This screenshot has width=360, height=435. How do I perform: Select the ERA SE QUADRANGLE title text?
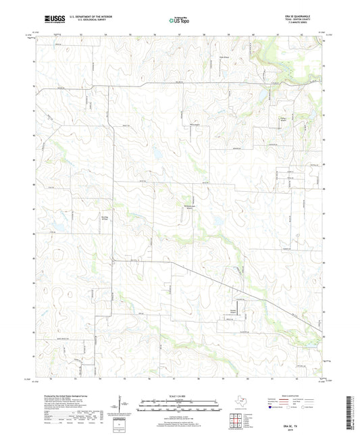point(300,16)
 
